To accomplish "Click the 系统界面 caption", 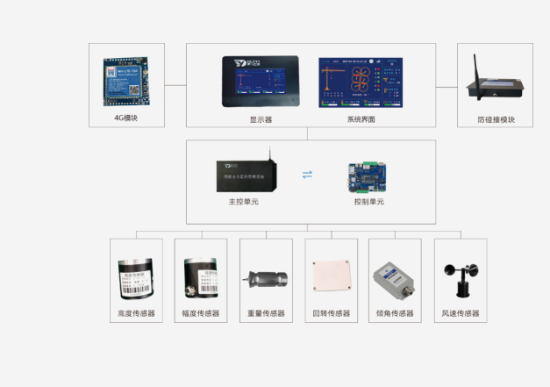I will click(361, 119).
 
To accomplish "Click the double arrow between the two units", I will click(307, 174).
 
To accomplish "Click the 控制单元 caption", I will click(368, 202).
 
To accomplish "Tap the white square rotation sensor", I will click(332, 275).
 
